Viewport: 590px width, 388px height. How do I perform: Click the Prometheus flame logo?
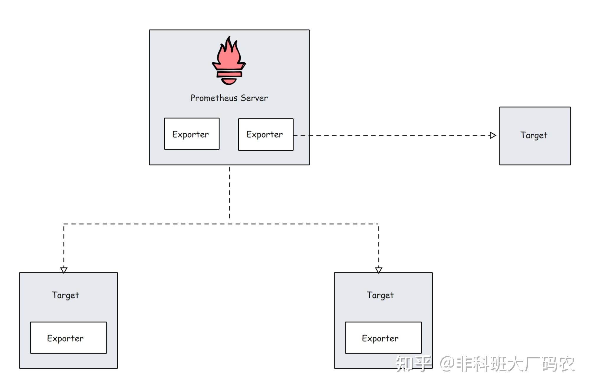tap(229, 61)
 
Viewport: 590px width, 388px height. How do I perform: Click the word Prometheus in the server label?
tap(214, 98)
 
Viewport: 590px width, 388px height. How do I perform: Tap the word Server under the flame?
tap(254, 98)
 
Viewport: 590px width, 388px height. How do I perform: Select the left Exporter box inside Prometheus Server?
tap(192, 134)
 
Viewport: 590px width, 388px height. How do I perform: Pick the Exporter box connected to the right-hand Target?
tap(265, 135)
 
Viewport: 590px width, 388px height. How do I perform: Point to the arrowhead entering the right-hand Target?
tap(492, 135)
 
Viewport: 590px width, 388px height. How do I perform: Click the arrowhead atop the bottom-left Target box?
tap(64, 270)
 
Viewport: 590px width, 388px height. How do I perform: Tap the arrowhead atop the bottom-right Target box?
tap(378, 270)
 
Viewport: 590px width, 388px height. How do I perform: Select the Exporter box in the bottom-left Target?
tap(68, 338)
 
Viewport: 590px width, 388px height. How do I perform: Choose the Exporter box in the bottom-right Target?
tap(383, 338)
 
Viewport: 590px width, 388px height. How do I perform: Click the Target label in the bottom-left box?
tap(65, 295)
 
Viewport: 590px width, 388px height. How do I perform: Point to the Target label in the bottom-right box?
tap(380, 295)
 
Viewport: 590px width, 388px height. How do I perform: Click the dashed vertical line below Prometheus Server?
tap(230, 192)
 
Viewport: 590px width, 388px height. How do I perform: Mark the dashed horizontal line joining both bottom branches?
tap(221, 224)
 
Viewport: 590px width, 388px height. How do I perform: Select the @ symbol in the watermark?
tap(447, 364)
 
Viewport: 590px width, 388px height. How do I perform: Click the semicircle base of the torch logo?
tap(229, 81)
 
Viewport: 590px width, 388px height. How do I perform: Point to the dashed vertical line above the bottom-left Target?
tap(64, 245)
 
